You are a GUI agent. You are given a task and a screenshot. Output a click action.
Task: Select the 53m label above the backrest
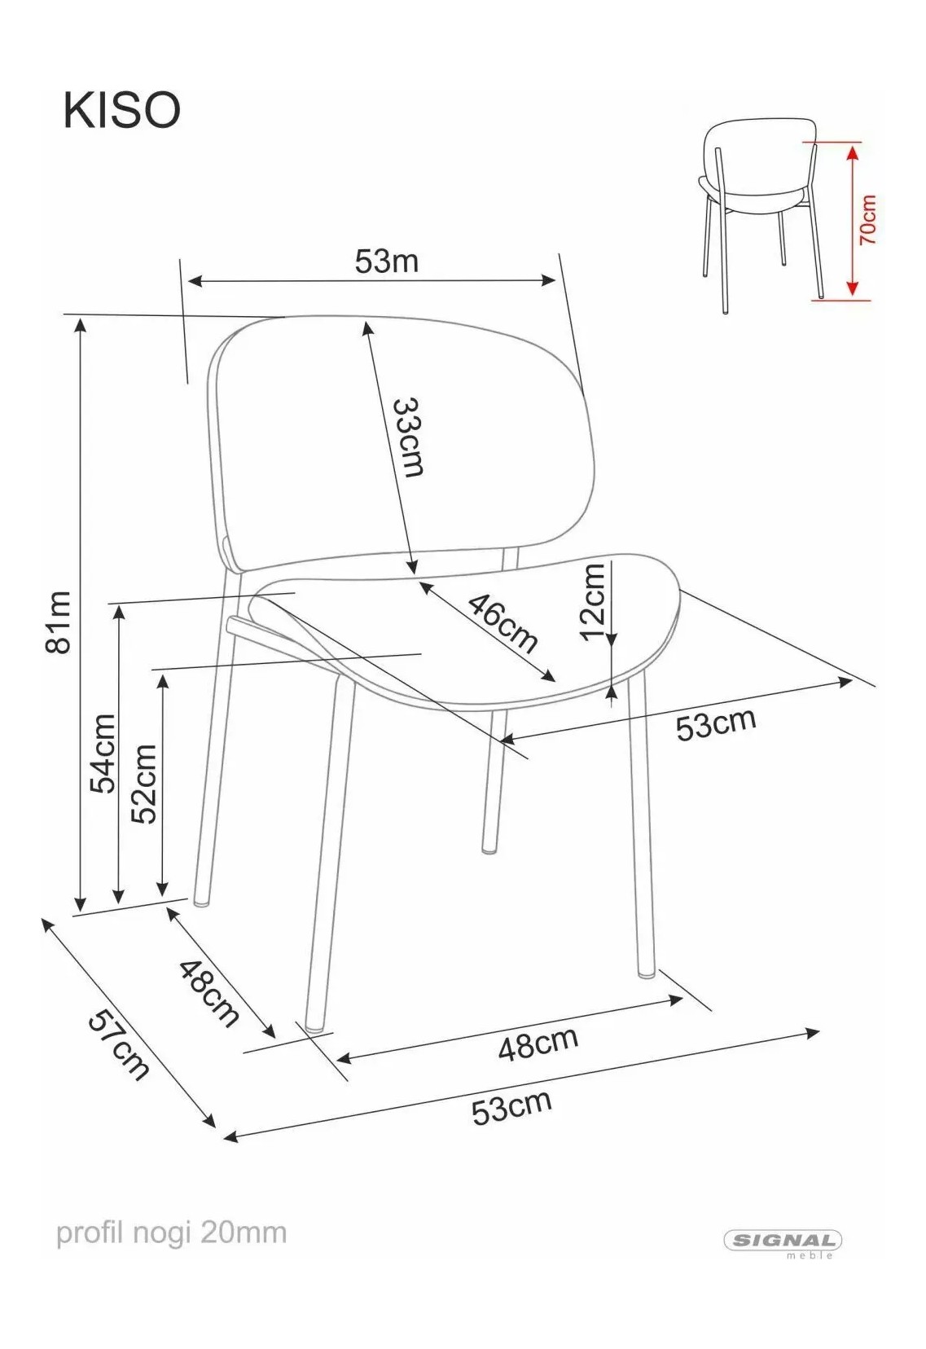click(x=386, y=261)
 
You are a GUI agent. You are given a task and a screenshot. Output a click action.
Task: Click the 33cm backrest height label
click(x=409, y=437)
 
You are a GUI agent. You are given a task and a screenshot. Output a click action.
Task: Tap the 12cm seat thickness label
click(x=592, y=604)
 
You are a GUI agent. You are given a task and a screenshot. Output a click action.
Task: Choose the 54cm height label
click(x=102, y=754)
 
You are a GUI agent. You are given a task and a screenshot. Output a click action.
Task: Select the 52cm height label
click(x=144, y=784)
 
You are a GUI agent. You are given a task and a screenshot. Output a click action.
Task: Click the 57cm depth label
click(x=119, y=1045)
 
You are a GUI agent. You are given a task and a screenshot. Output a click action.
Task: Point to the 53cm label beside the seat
click(x=715, y=724)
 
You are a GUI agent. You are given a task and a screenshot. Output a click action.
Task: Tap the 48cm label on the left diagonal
click(x=209, y=993)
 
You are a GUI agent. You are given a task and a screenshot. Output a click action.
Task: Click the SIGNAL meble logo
click(x=783, y=1241)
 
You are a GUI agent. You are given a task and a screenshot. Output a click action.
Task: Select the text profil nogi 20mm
click(x=172, y=1233)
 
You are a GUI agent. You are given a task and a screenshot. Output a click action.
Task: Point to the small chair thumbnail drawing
click(x=761, y=216)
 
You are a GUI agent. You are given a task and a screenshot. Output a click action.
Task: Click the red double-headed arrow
click(x=851, y=221)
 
